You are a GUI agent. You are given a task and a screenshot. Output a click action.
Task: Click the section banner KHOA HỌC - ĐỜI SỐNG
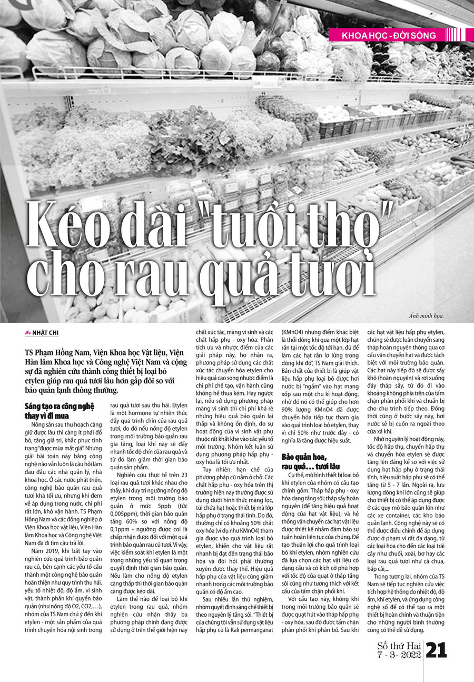point(389,36)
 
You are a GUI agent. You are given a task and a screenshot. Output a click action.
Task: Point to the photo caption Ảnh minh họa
point(426,316)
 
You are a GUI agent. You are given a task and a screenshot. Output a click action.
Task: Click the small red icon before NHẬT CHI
point(28,332)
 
